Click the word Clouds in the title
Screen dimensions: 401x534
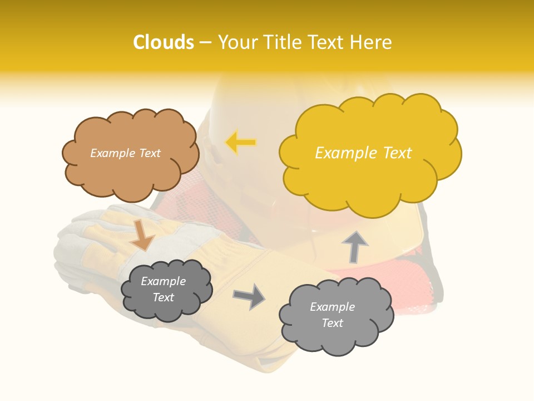click(164, 42)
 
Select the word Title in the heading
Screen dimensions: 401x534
click(282, 42)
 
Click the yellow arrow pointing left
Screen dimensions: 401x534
click(240, 143)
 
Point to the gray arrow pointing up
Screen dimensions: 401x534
click(354, 246)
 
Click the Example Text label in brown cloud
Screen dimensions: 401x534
click(125, 153)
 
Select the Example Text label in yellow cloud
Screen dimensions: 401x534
click(363, 153)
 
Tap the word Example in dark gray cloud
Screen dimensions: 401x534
click(163, 281)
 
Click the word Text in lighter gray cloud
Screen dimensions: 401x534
click(332, 323)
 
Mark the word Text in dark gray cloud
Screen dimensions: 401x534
click(163, 297)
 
